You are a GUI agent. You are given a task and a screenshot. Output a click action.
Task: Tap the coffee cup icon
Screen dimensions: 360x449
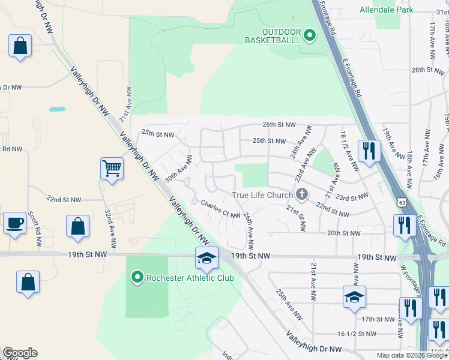tap(15, 223)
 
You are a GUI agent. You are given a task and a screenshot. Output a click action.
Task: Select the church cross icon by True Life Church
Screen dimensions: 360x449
tap(301, 194)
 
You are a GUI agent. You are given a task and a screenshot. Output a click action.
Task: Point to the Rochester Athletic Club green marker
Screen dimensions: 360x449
tap(137, 277)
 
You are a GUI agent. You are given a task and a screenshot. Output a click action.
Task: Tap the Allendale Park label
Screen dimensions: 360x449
tap(387, 10)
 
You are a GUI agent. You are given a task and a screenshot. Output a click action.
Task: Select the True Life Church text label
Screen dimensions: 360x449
tap(262, 195)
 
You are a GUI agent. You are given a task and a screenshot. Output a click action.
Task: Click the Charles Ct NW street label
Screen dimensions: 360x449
tap(220, 208)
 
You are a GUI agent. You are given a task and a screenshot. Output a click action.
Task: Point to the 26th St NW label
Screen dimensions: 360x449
tap(279, 125)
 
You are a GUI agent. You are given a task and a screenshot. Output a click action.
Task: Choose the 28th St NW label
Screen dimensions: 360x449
tap(426, 70)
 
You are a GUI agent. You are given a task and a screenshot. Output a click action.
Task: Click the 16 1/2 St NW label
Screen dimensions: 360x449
tap(357, 334)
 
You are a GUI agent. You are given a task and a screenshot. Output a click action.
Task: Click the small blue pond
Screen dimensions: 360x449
tap(58, 110)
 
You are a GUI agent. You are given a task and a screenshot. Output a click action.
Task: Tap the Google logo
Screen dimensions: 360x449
tap(20, 353)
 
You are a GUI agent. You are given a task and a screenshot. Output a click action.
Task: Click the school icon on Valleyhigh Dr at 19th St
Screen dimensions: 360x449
tap(206, 259)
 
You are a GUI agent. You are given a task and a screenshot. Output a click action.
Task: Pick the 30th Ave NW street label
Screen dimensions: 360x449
tap(179, 169)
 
